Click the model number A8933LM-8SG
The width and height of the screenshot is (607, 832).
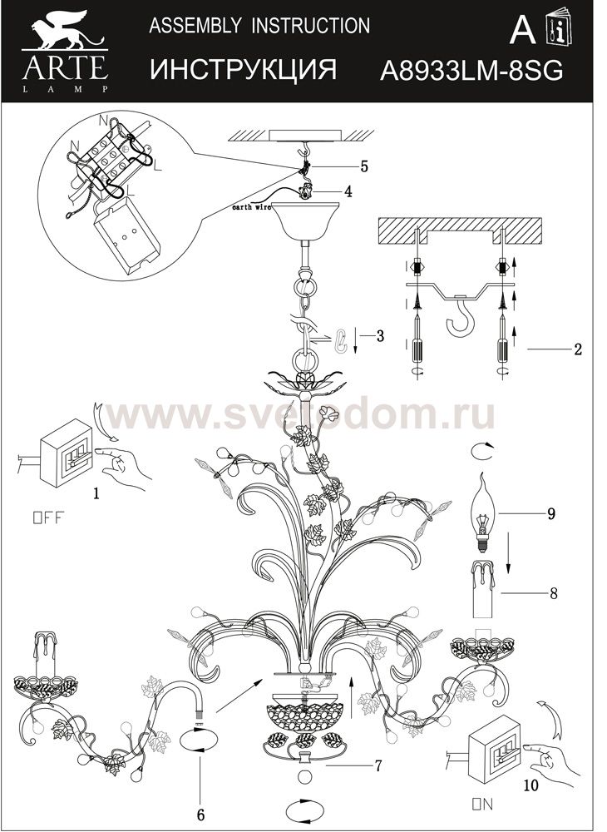point(471,71)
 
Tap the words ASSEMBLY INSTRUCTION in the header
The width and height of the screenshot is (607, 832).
point(259,27)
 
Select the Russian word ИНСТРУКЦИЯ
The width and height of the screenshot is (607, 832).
point(243,71)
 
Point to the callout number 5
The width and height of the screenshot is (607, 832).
point(364,166)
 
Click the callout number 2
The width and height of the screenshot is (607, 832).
point(577,349)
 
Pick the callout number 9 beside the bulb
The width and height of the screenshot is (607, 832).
point(550,513)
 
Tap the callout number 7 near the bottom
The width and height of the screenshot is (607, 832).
point(378,765)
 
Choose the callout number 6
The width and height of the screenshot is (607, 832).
point(200,813)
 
